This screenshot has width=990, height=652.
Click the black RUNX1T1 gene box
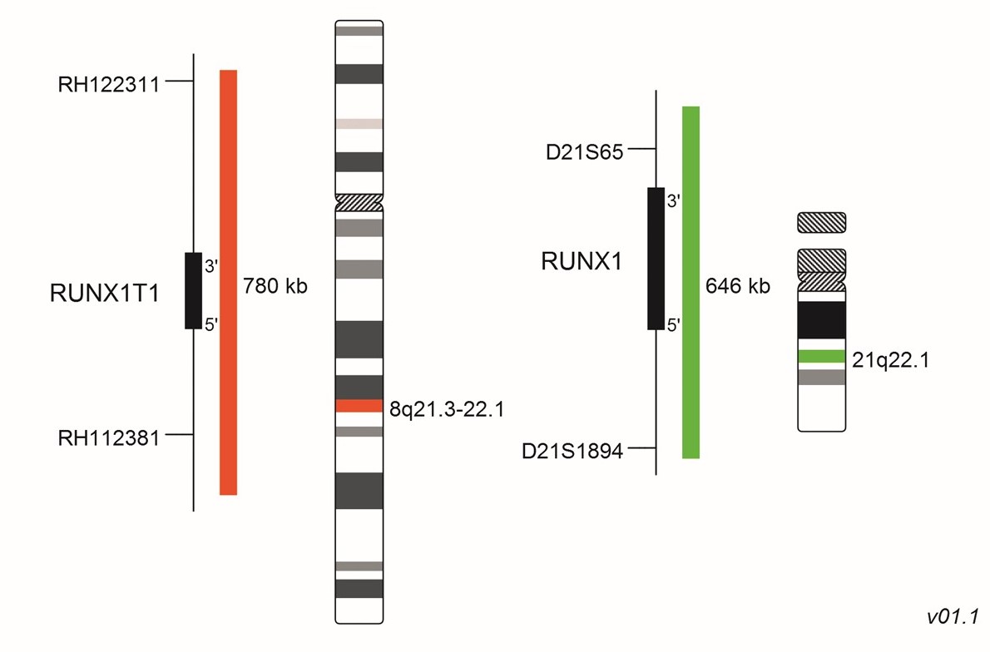point(193,290)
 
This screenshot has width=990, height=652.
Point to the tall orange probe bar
point(228,282)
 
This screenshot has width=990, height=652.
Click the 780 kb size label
point(275,287)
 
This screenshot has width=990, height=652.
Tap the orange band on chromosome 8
point(359,406)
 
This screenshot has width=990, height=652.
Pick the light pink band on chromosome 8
point(359,124)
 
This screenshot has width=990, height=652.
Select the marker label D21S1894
point(572,452)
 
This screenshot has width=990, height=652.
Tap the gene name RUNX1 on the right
point(582,261)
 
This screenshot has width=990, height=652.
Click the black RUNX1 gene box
point(656,258)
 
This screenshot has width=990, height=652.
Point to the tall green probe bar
point(691,282)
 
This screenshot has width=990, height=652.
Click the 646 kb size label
point(737,287)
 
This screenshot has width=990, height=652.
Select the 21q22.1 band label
point(891,360)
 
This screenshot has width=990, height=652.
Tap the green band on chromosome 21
point(822,356)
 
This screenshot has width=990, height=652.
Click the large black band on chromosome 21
point(822,320)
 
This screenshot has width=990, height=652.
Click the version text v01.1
point(953,616)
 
